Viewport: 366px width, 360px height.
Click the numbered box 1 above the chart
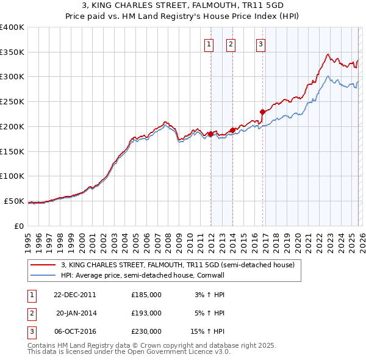209,43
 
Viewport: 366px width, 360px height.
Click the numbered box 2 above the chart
231,43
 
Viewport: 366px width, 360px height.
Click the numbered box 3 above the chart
260,43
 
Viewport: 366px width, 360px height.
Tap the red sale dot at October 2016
263,112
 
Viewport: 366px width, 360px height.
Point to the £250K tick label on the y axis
12,102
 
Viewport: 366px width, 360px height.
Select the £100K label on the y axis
12,176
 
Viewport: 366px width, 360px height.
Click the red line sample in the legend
43,265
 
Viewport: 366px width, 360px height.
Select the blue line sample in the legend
43,275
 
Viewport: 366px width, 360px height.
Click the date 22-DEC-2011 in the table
74,295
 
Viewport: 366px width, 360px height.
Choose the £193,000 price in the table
146,313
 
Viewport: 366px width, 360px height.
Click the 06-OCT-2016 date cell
74,331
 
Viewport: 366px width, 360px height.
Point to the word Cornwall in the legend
213,275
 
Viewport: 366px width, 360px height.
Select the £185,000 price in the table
146,295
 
